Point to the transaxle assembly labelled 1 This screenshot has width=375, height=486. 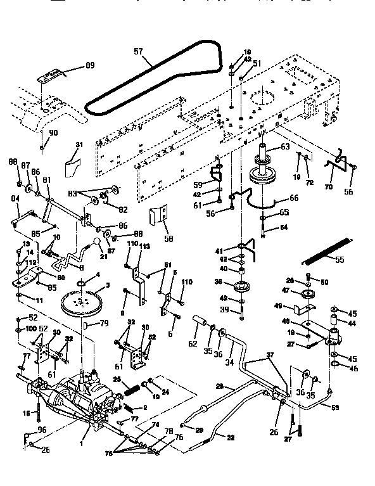[82, 399]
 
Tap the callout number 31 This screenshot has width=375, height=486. [79, 145]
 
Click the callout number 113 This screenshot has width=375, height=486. [145, 246]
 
